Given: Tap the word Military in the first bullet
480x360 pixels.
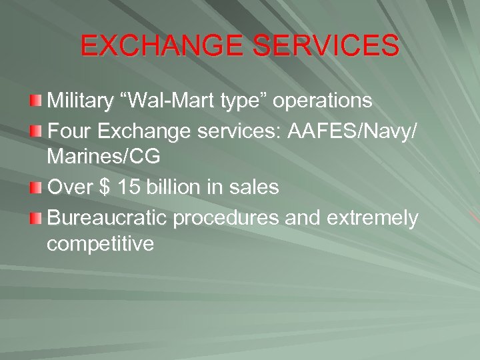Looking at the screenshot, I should tap(81, 101).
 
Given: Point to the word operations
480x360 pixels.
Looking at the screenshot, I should tap(323, 101).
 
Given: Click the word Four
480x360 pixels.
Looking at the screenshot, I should tap(70, 131).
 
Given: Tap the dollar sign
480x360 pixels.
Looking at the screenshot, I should tap(104, 187).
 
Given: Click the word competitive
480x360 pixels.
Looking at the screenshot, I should tap(100, 245).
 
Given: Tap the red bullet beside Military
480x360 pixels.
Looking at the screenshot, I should tap(36, 101).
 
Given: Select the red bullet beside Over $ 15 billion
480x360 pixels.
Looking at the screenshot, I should tap(36, 187).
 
